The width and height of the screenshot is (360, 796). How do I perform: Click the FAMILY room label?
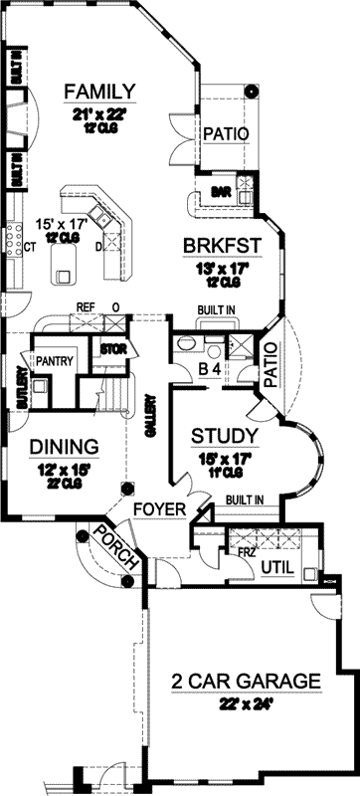pos(99,93)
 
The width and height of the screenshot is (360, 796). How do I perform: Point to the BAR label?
pos(221,193)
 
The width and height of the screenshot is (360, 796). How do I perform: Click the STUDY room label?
pos(225,436)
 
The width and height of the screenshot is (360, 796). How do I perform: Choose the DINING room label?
pos(63,446)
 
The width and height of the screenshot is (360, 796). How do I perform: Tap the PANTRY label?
pos(54,361)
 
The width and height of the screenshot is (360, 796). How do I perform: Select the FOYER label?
pos(161,509)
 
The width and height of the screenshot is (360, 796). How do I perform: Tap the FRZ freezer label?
pos(246,549)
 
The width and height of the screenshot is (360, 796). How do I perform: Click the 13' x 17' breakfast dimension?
pos(221,267)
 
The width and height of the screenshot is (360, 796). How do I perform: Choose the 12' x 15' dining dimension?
pos(63,466)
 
